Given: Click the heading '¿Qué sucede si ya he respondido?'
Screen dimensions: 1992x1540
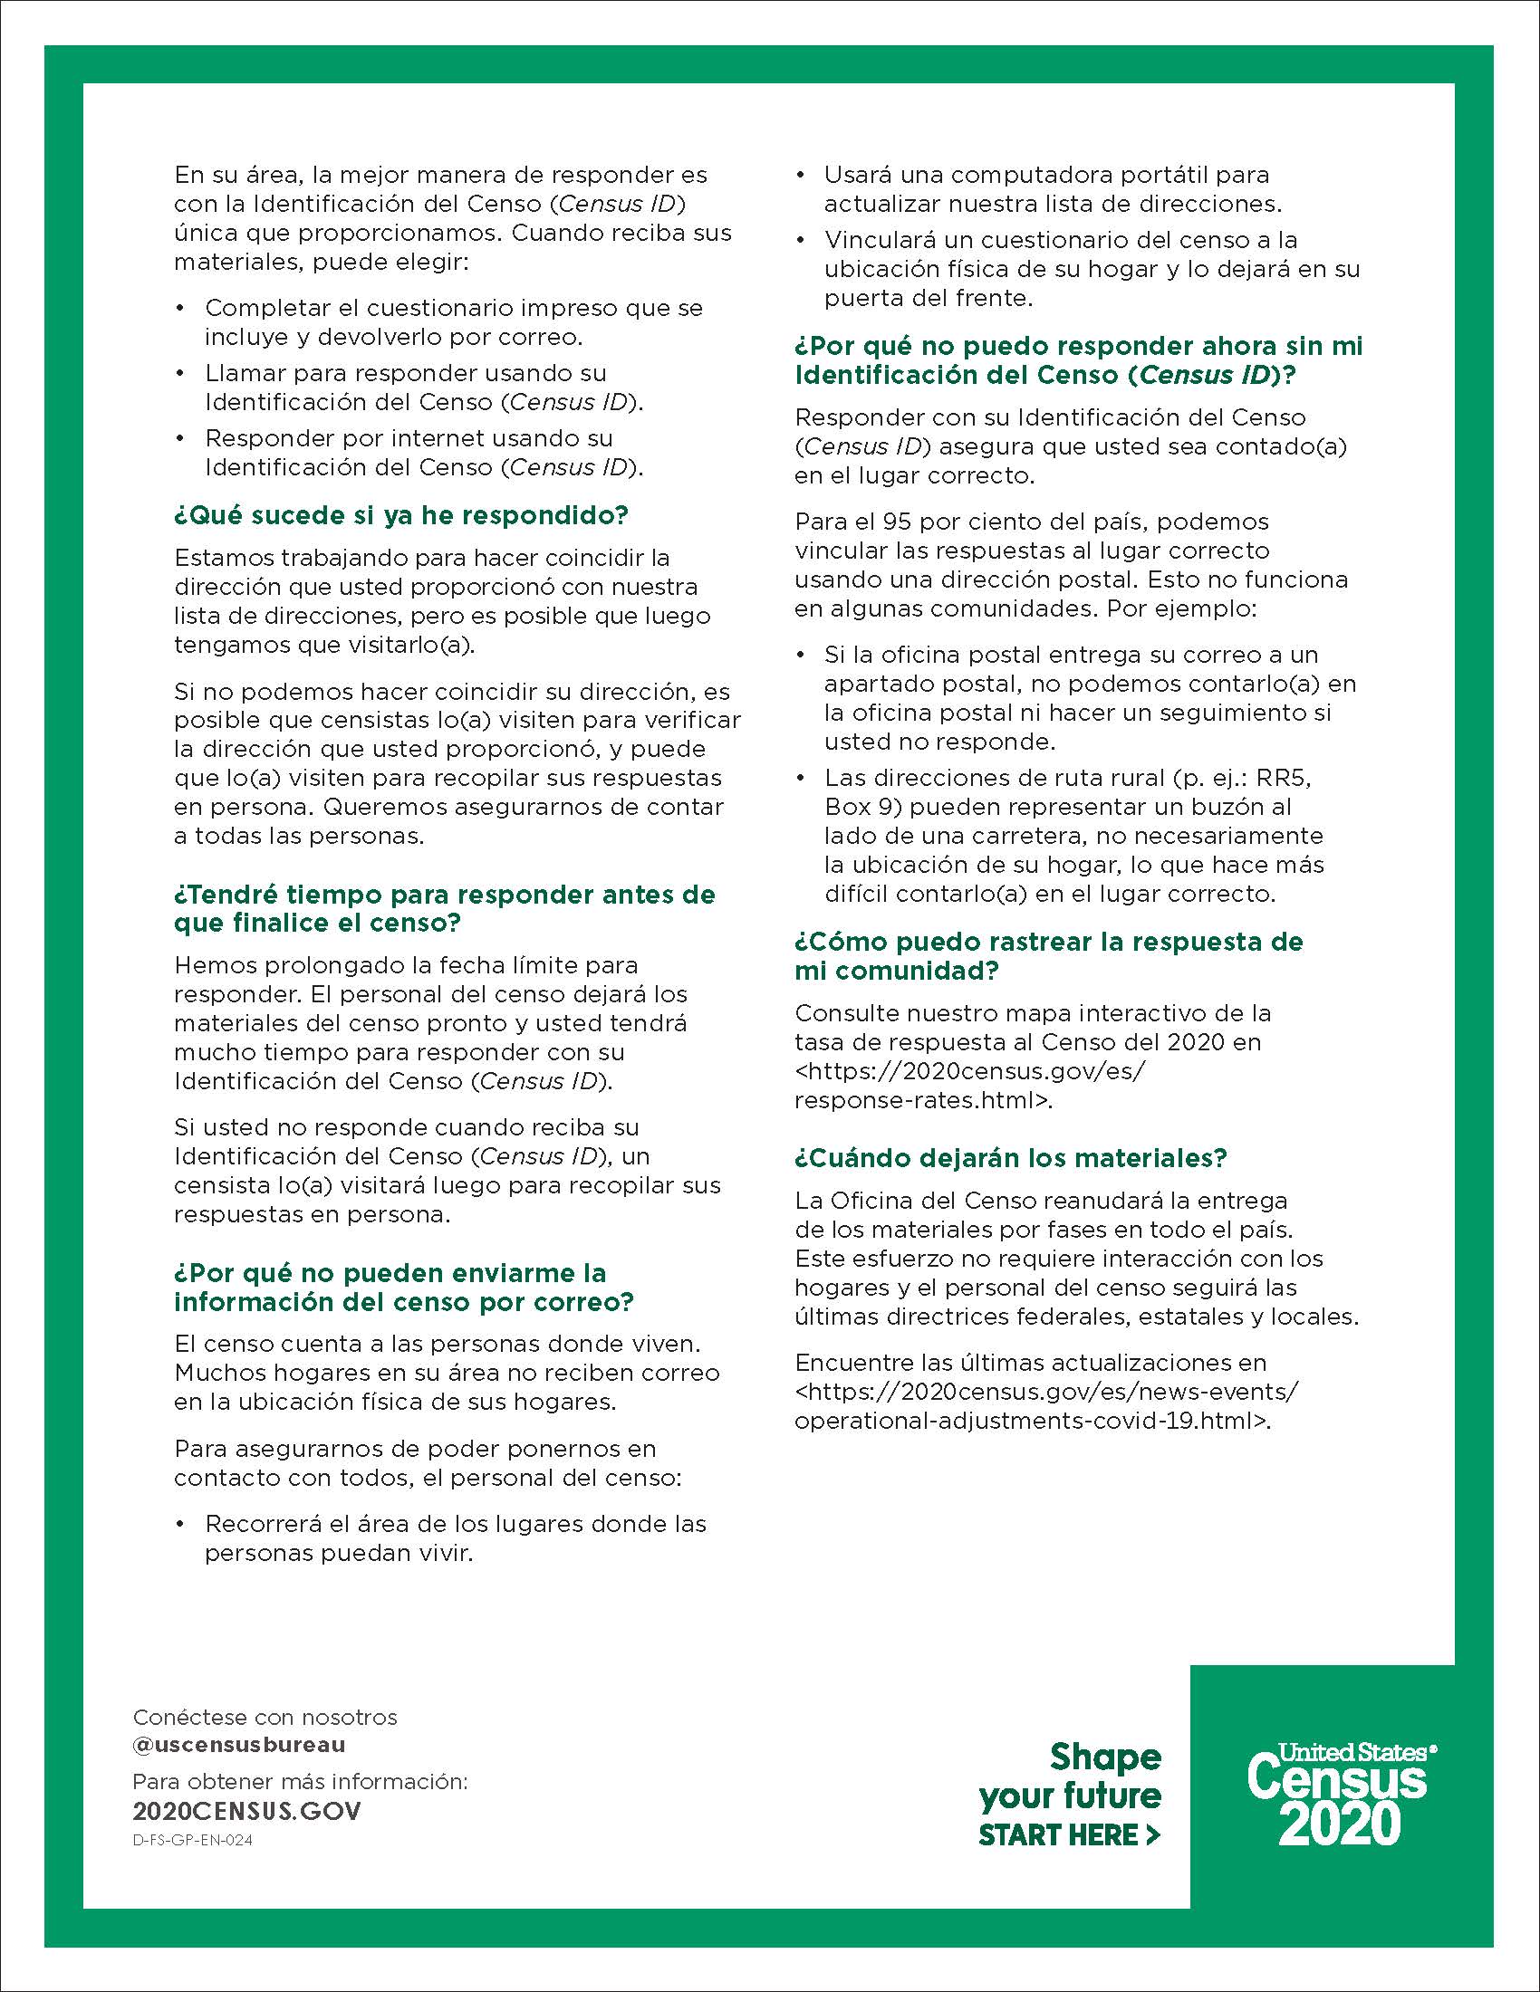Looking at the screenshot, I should [x=401, y=515].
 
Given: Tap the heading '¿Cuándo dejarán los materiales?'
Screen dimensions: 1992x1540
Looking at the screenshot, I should [x=1011, y=1157].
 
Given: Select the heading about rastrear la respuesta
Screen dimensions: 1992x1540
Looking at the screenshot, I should [x=1048, y=955].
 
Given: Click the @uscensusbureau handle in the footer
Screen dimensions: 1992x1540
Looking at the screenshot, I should [x=239, y=1745].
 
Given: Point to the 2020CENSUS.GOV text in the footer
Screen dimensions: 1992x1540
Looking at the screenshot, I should [x=246, y=1811].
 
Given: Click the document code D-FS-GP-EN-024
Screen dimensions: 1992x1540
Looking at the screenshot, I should [x=192, y=1840].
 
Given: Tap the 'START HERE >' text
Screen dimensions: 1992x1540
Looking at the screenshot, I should [x=1068, y=1834].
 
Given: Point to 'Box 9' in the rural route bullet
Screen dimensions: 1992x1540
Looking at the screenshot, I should [x=863, y=807].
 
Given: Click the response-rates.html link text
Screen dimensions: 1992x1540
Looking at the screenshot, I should [x=922, y=1100].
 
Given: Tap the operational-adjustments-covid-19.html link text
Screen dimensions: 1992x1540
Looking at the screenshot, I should [x=1032, y=1421].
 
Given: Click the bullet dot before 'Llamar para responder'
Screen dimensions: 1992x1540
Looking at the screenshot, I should [x=180, y=373].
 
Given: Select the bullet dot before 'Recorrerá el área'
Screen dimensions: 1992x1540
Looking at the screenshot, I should [x=180, y=1524].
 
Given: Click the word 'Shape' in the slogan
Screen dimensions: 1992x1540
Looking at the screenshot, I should [x=1105, y=1756].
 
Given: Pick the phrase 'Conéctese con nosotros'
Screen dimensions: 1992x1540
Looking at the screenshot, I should [x=265, y=1717].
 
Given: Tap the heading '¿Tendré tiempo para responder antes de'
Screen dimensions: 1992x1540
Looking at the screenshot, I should [x=444, y=895].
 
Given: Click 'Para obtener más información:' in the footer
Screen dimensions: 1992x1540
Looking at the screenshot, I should [x=300, y=1781].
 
